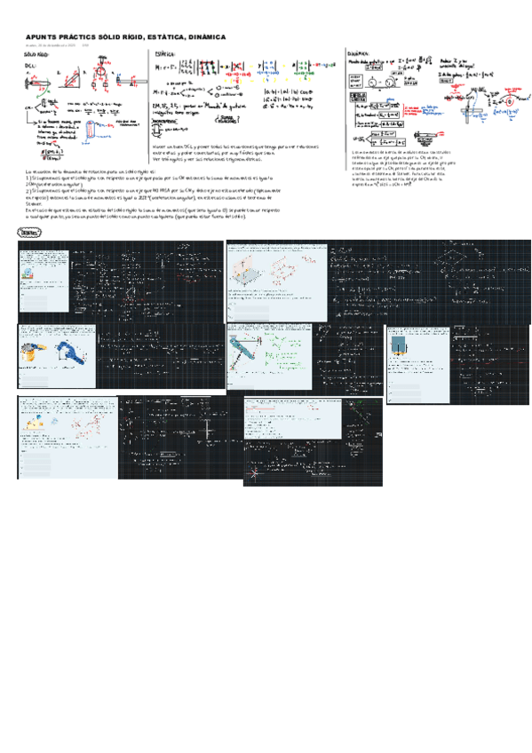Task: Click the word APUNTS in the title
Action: pyautogui.click(x=43, y=36)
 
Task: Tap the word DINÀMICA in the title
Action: pyautogui.click(x=202, y=36)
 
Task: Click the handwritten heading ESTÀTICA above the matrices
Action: pyautogui.click(x=165, y=54)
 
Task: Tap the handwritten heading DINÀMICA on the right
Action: pyautogui.click(x=359, y=53)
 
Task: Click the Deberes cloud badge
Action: pyautogui.click(x=28, y=232)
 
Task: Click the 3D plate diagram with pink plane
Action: pyautogui.click(x=250, y=270)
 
